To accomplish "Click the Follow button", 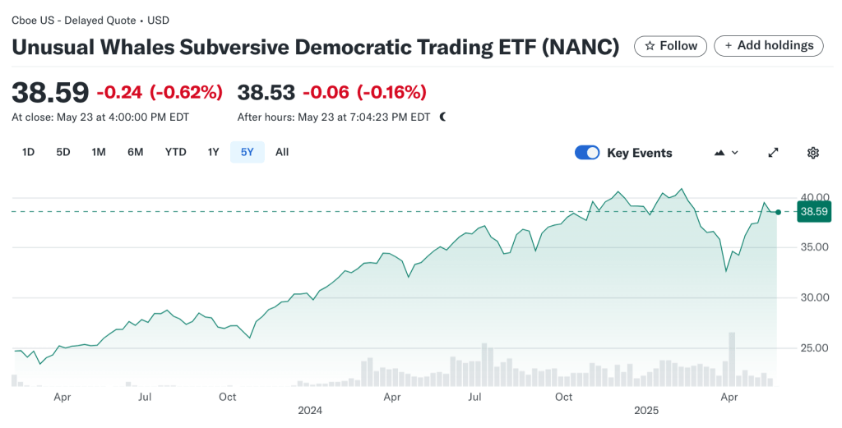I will [671, 46].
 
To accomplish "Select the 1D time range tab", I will [28, 152].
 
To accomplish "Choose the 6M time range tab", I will [136, 152].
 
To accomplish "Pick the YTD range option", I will [175, 152].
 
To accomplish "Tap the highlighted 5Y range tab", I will [248, 152].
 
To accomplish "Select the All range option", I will [282, 152].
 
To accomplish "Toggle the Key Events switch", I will [587, 153].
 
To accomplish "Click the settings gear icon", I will [813, 153].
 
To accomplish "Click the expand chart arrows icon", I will [773, 153].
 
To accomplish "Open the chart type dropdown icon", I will [726, 153].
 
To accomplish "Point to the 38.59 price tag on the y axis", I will [813, 212].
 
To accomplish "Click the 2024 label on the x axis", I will [310, 410].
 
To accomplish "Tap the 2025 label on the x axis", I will [647, 410].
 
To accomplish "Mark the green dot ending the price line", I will [778, 212].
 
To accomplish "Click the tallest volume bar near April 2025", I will [732, 358].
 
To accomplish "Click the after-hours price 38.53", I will [266, 92].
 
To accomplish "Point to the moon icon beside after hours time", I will [443, 117].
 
